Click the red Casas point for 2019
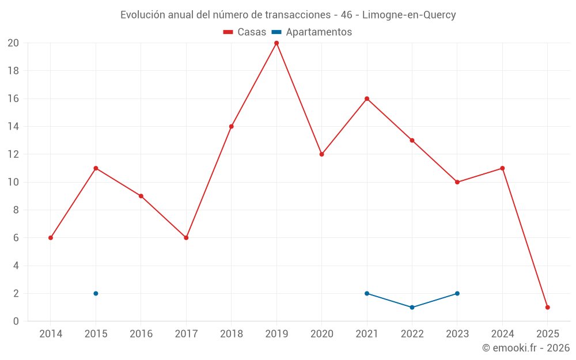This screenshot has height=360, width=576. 276,43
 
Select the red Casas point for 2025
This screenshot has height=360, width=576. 547,307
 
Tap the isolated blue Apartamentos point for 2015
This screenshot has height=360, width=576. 96,293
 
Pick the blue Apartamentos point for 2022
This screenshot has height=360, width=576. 412,307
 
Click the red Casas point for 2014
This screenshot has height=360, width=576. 51,238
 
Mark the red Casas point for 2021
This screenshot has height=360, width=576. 367,98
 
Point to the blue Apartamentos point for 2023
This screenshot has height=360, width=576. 457,293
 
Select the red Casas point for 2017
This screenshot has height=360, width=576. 186,238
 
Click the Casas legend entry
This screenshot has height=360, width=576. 245,32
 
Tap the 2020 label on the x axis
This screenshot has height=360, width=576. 321,334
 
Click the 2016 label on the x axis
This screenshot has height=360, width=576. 141,334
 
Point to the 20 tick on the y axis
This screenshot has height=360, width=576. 13,43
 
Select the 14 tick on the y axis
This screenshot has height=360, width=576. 13,127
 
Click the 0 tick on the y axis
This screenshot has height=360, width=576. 16,321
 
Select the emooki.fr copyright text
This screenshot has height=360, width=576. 525,348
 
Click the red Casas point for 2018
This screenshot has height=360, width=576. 232,126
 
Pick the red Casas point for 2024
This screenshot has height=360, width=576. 502,168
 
